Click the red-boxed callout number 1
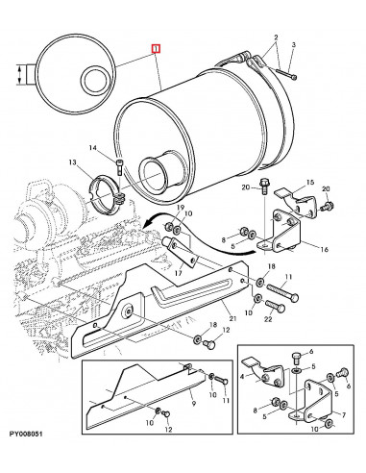point(156,49)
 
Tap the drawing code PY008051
point(26,435)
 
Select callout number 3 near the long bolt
point(294,45)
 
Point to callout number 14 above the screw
point(93,148)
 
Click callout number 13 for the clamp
point(72,162)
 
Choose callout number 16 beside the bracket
point(325,249)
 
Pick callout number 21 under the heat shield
point(232,318)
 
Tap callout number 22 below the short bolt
point(268,319)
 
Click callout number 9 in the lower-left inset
point(194,405)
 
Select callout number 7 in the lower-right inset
point(344,415)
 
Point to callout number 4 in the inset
point(242,376)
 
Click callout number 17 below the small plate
point(179,273)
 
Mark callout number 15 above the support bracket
point(310,183)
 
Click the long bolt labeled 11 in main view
point(282,292)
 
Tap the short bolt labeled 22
point(275,307)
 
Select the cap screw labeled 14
point(119,166)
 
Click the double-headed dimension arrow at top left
point(20,75)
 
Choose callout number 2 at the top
point(276,37)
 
